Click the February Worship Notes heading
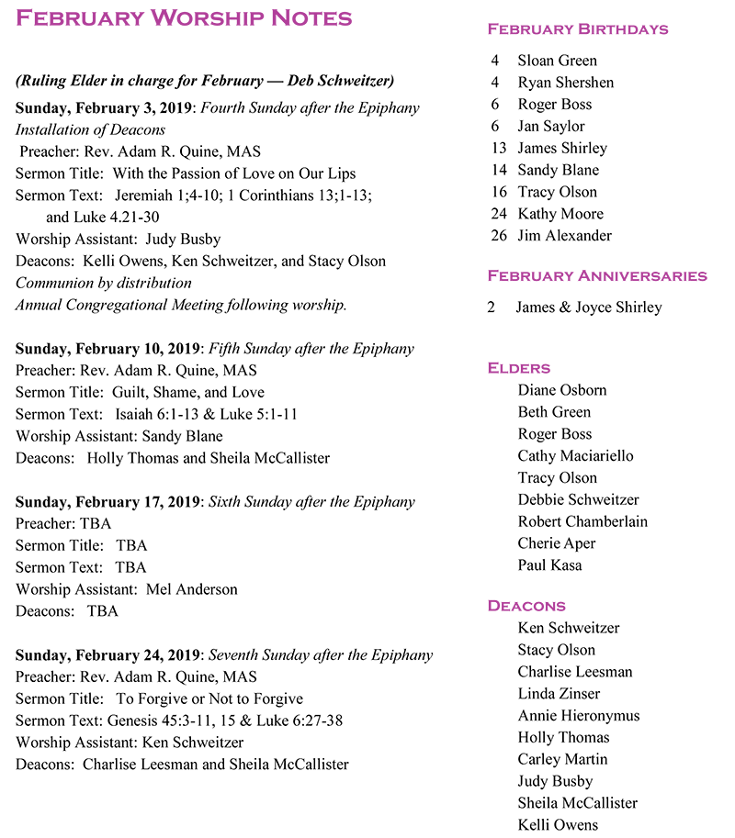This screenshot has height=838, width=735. pyautogui.click(x=184, y=18)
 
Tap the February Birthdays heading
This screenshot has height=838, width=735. pyautogui.click(x=577, y=29)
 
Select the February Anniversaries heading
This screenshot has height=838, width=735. pyautogui.click(x=596, y=275)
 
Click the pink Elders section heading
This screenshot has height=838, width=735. pyautogui.click(x=518, y=368)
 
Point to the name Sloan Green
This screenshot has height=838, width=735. pyautogui.click(x=557, y=61)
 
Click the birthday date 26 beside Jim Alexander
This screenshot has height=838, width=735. pyautogui.click(x=499, y=236)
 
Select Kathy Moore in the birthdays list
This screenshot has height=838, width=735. pyautogui.click(x=560, y=214)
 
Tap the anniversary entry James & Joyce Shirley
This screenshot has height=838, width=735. pyautogui.click(x=588, y=307)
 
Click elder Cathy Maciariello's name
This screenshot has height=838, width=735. pyautogui.click(x=575, y=456)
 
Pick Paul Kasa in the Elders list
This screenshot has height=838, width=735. pyautogui.click(x=549, y=565)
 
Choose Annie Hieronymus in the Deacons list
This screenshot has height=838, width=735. pyautogui.click(x=578, y=716)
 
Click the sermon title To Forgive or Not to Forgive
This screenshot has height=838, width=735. pyautogui.click(x=209, y=699)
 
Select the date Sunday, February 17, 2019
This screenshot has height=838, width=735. pyautogui.click(x=107, y=502)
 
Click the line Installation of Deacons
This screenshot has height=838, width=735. pyautogui.click(x=90, y=129)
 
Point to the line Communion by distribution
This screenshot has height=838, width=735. pyautogui.click(x=104, y=283)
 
